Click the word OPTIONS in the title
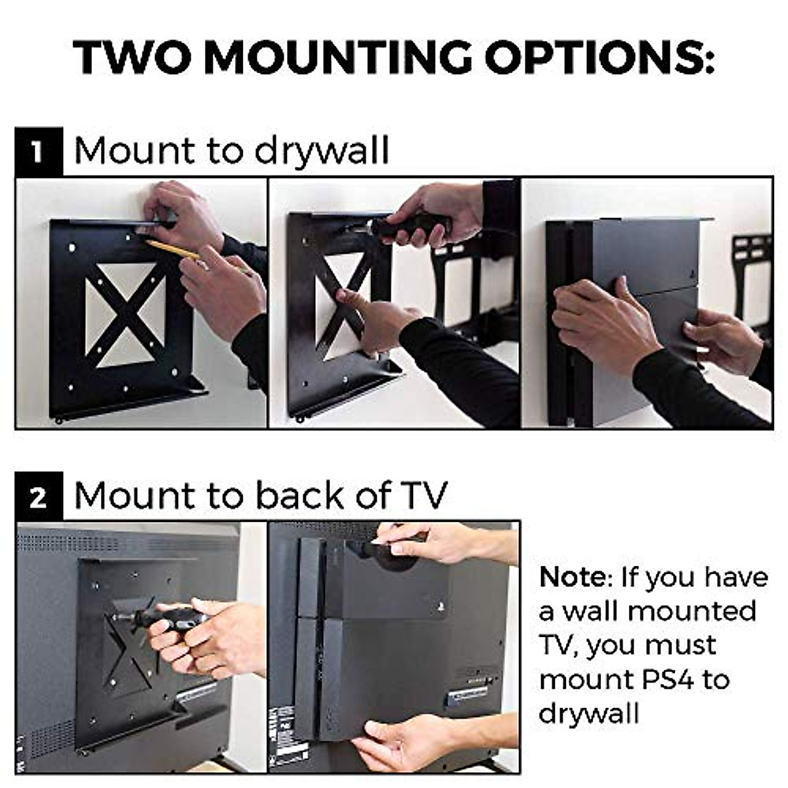click(599, 58)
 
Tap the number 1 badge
click(39, 152)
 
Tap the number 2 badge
click(39, 496)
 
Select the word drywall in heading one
click(322, 152)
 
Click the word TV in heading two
click(420, 495)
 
